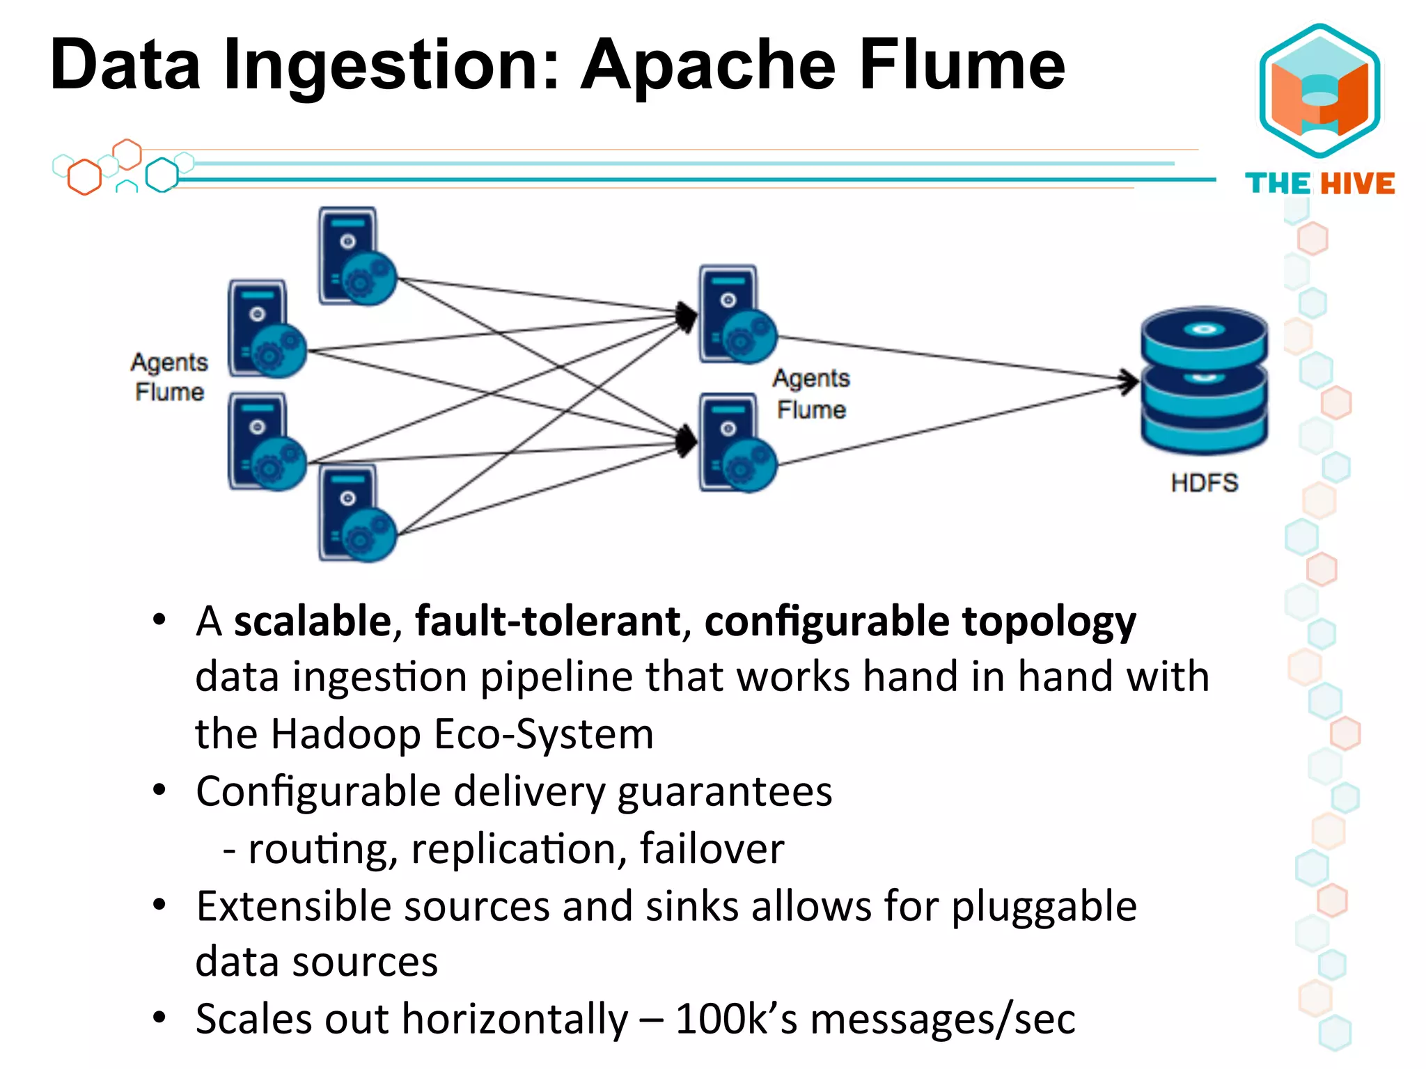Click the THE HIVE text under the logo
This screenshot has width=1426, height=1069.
(x=1319, y=184)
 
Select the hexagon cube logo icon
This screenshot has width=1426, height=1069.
(x=1319, y=90)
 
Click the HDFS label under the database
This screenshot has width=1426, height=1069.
(x=1204, y=482)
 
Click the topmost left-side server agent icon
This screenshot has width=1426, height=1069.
(x=356, y=257)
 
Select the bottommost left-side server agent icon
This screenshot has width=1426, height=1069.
(x=356, y=514)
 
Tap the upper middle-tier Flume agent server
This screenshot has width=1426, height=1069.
(x=737, y=315)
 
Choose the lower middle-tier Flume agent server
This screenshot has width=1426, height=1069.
(x=737, y=443)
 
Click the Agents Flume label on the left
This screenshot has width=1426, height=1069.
(x=169, y=377)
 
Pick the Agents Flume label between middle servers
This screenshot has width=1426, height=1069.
(x=811, y=394)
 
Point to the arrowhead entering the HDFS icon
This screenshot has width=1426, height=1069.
(x=1128, y=381)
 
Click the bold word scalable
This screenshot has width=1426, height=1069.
(x=313, y=621)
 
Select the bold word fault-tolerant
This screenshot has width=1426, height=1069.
(x=547, y=621)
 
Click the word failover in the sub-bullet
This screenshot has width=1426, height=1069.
(x=712, y=848)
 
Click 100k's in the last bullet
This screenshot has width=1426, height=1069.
(x=736, y=1019)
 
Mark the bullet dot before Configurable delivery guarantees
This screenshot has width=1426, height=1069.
(x=159, y=790)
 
